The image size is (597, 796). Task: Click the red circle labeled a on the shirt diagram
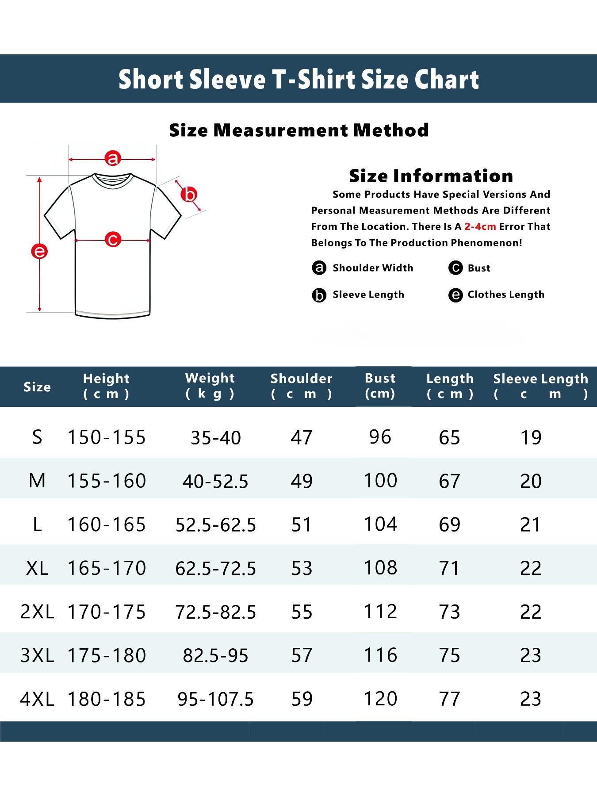point(113,158)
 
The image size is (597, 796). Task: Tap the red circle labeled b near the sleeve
point(189,195)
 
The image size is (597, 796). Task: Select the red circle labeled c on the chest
point(113,239)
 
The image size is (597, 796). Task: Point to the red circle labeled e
point(39,252)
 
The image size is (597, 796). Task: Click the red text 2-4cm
point(480,226)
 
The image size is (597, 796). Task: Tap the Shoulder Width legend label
point(373,268)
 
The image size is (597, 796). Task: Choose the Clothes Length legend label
point(506,295)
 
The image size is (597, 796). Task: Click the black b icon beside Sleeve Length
point(319,295)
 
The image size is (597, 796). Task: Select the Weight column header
point(210,385)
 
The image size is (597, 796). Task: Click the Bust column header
point(380,385)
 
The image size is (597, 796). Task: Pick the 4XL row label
point(37,699)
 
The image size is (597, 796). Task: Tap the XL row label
point(37,568)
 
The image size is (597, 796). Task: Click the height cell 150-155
point(107,437)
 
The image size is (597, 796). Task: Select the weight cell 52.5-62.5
point(216,525)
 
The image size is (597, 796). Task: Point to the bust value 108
point(380,568)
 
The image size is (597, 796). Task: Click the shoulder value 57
point(302,655)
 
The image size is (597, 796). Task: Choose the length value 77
point(449,699)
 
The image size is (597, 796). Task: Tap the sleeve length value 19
point(531,437)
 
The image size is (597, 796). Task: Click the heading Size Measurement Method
point(299,130)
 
